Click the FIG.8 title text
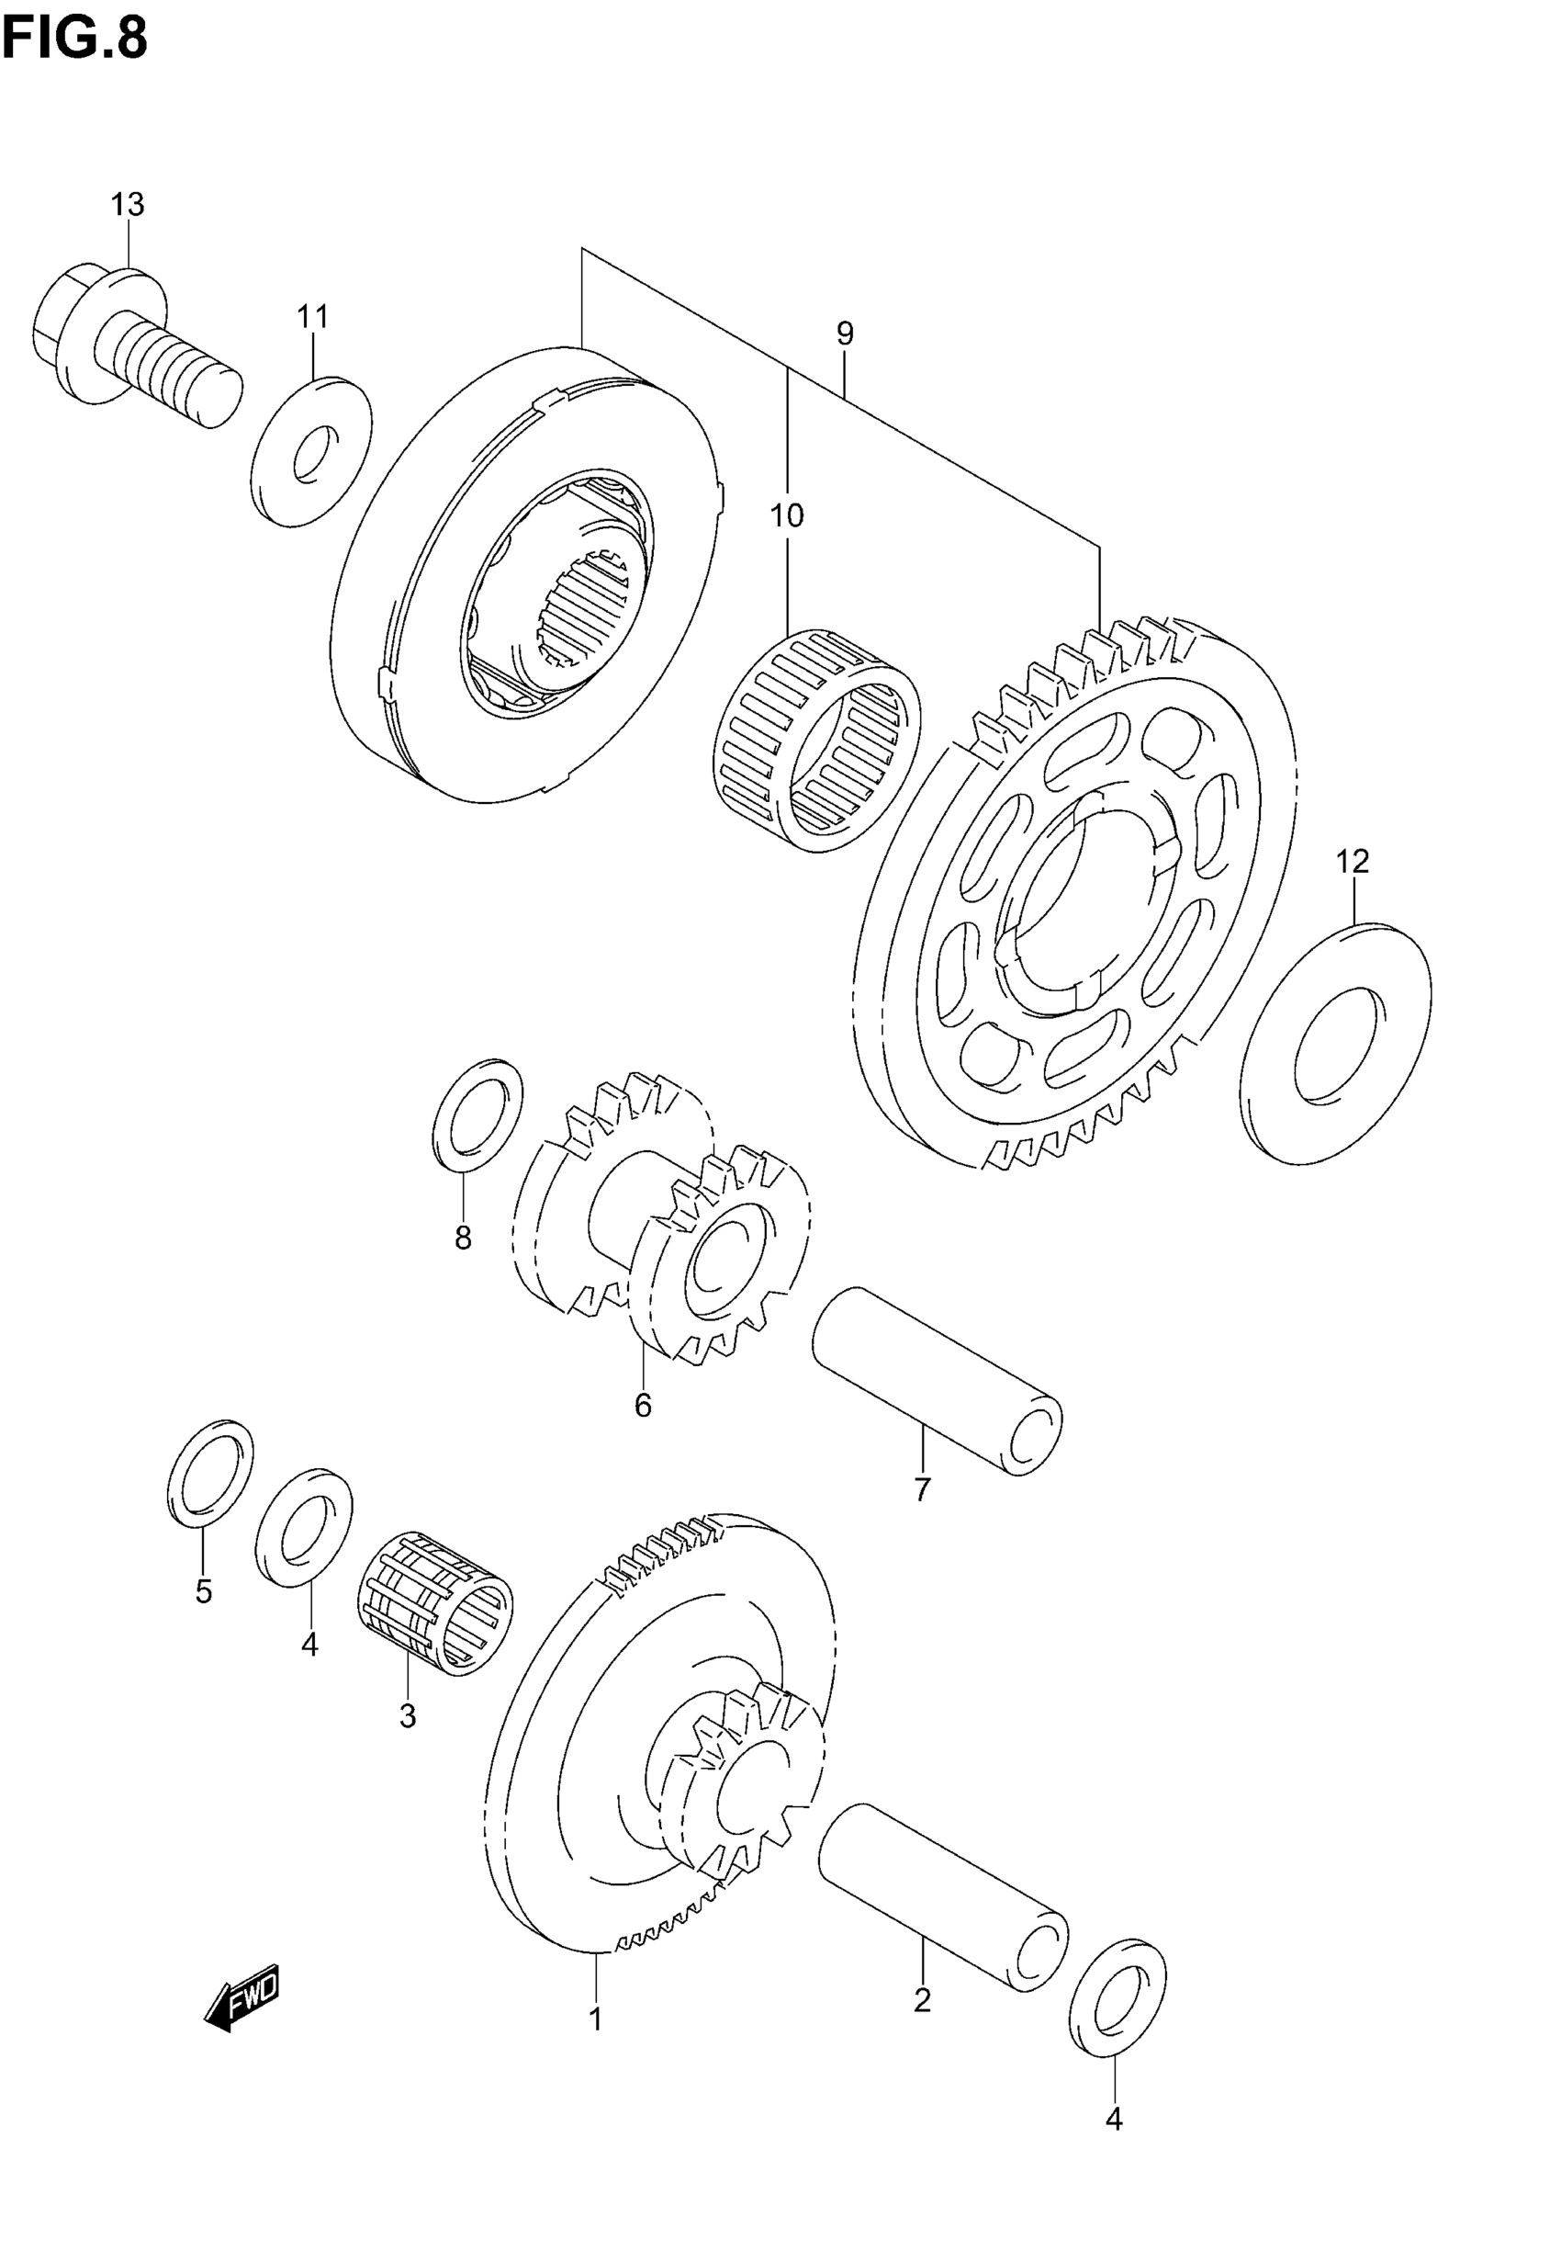pyautogui.click(x=74, y=39)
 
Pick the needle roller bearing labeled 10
pyautogui.click(x=817, y=739)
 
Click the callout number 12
pyautogui.click(x=1353, y=862)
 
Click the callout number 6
pyautogui.click(x=643, y=1406)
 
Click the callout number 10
pyautogui.click(x=786, y=515)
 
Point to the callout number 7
pyautogui.click(x=921, y=1489)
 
